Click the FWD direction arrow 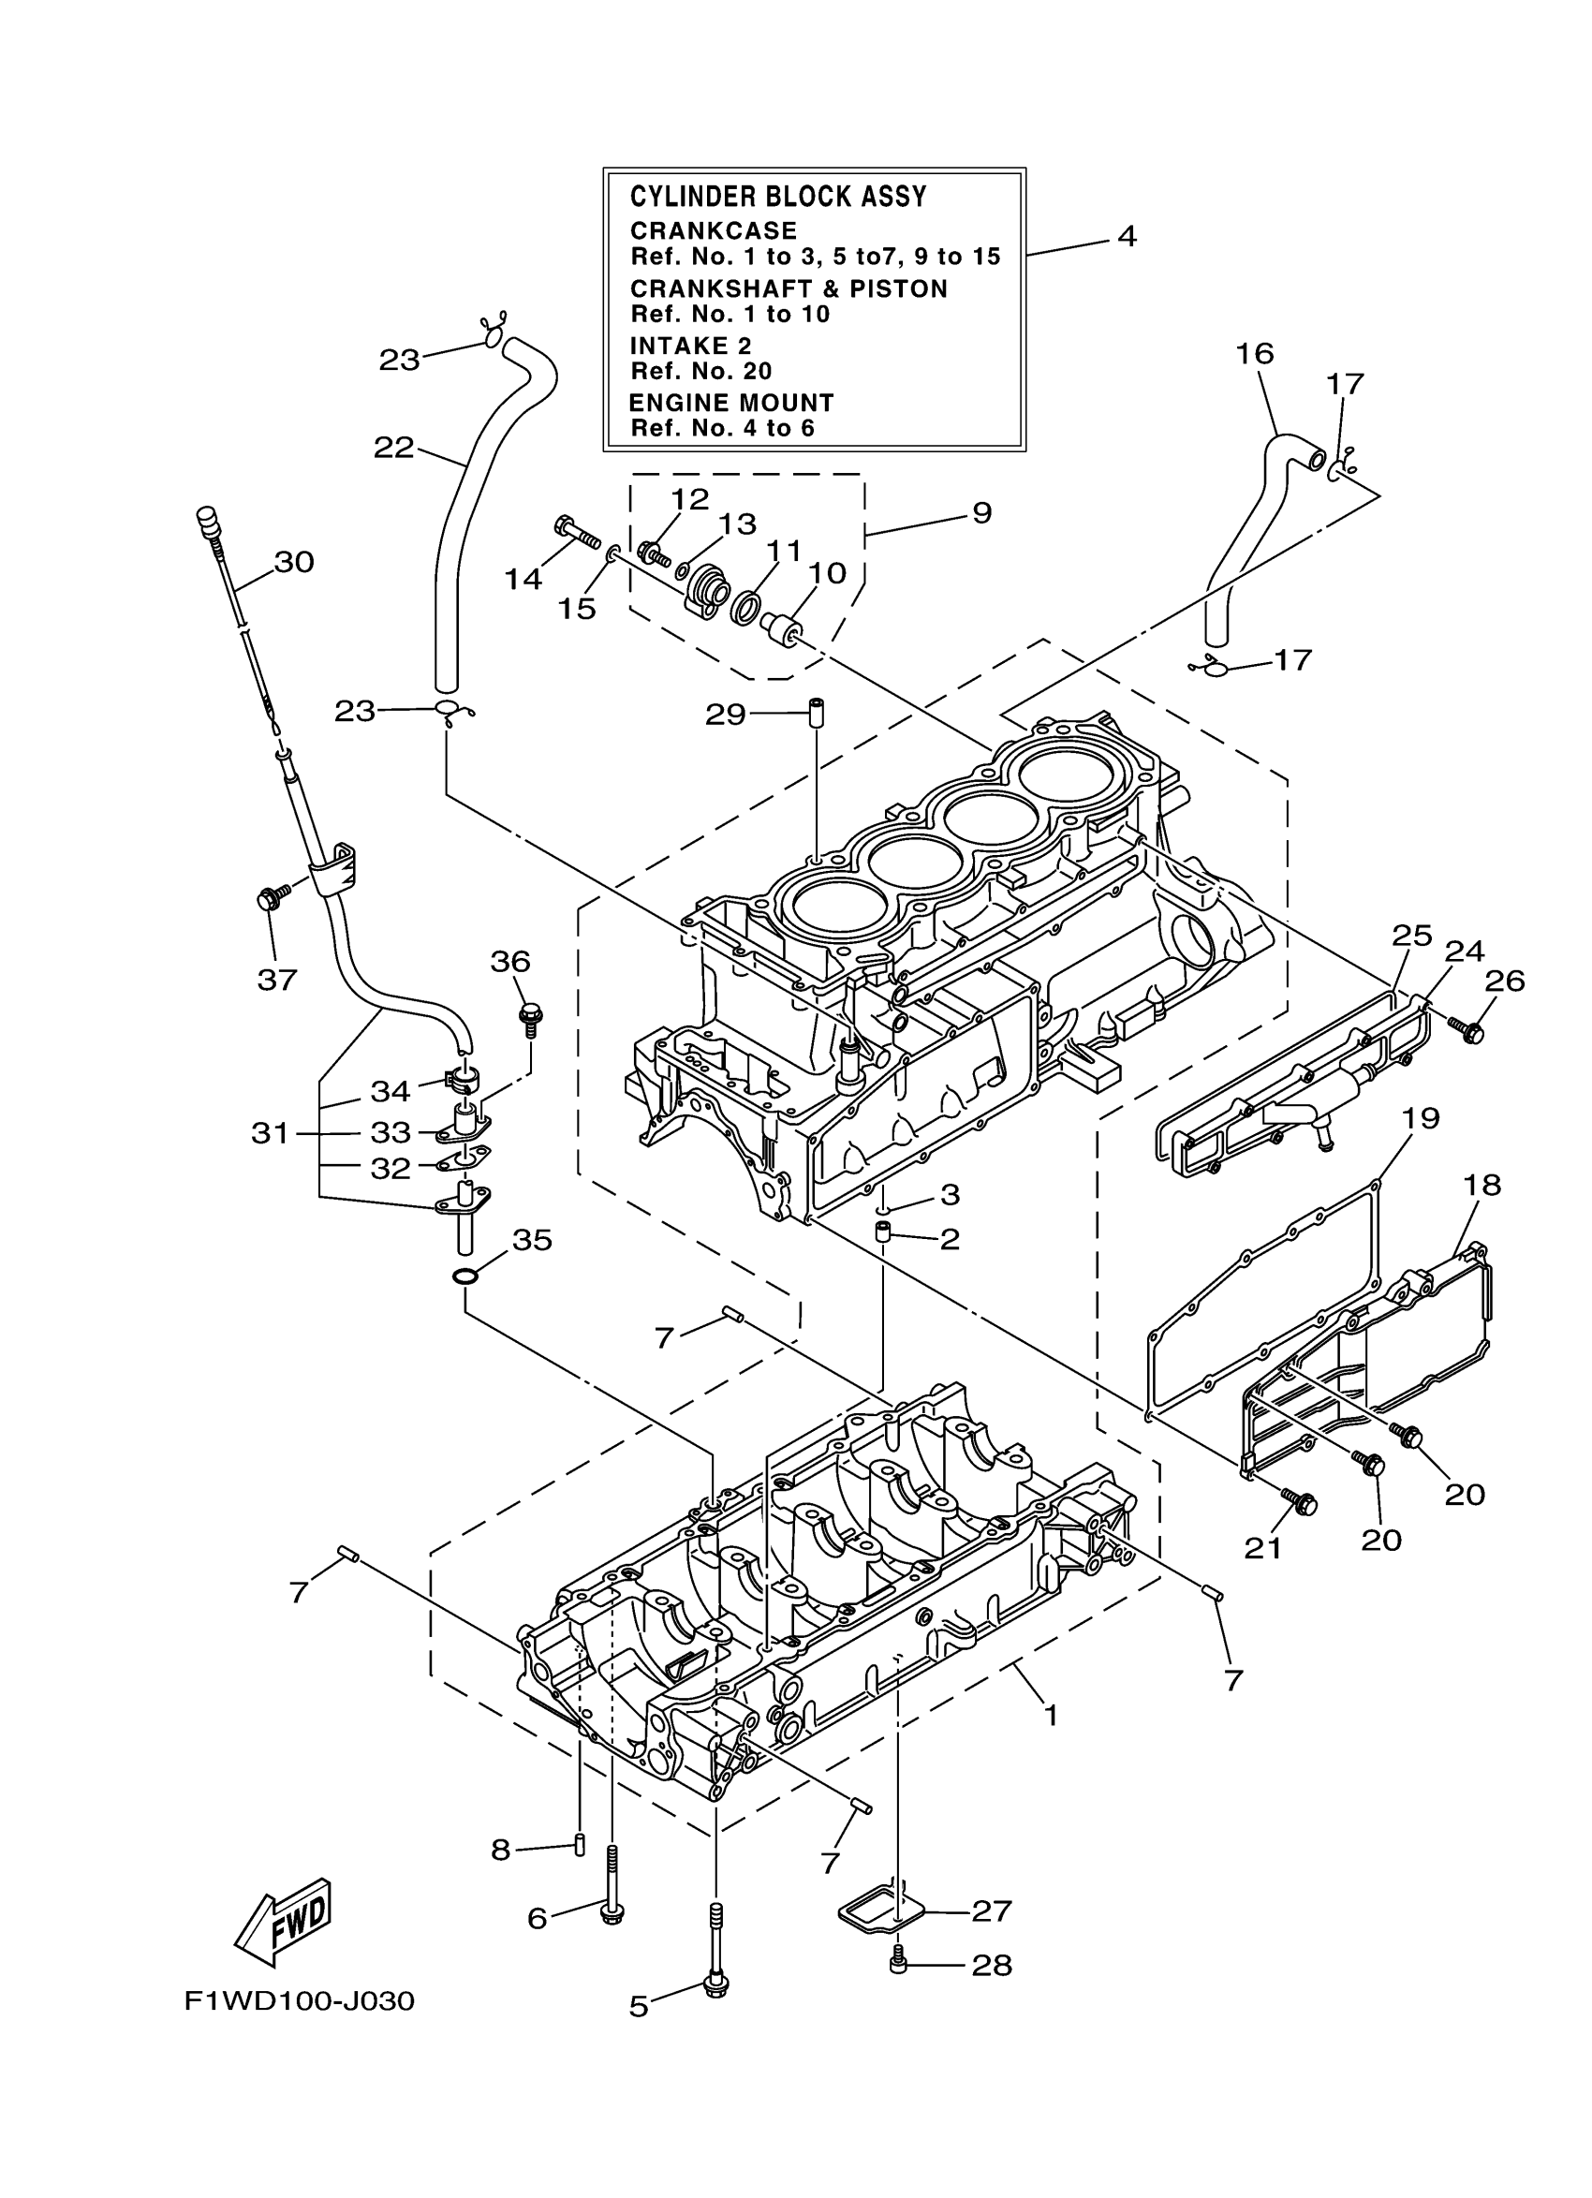tap(285, 1930)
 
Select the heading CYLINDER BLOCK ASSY tap(778, 197)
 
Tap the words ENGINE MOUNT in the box tap(730, 402)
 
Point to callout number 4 tap(1126, 235)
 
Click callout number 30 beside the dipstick tap(294, 562)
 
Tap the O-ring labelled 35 tap(465, 1276)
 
